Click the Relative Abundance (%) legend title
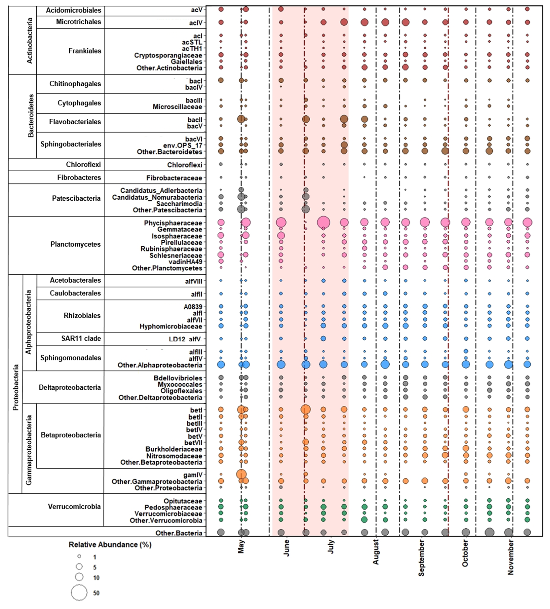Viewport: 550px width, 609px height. pos(110,545)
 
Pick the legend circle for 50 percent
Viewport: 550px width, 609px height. pos(79,593)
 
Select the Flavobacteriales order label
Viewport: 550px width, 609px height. pos(75,122)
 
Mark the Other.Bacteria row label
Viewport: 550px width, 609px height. pos(178,533)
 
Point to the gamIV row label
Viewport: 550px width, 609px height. pos(193,475)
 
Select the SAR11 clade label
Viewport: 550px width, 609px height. pos(81,338)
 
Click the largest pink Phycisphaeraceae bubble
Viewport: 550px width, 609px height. pos(323,222)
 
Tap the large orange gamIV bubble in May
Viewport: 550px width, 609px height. pos(241,474)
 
